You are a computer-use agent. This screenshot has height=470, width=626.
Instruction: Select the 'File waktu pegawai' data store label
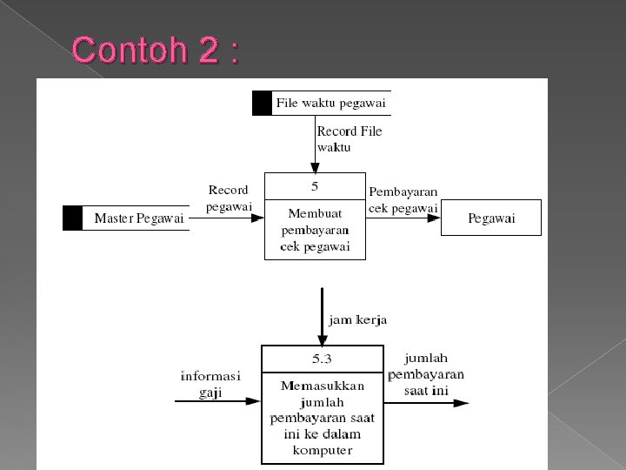(x=330, y=104)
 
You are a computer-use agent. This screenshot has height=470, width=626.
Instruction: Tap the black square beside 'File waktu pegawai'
(x=262, y=104)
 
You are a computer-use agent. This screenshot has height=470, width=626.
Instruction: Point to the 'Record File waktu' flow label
(x=349, y=139)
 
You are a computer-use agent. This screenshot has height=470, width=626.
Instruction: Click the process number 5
(x=315, y=185)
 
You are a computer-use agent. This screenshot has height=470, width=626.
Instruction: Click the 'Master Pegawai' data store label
(x=139, y=218)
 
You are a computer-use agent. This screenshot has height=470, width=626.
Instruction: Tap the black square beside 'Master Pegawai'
(x=72, y=218)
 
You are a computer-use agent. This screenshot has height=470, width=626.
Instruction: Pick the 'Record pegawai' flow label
(x=229, y=198)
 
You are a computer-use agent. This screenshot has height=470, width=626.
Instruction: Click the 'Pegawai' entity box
(x=491, y=218)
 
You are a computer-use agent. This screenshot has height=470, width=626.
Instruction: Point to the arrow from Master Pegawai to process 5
(x=226, y=218)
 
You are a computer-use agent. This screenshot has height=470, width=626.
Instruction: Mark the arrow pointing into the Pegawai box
(x=403, y=218)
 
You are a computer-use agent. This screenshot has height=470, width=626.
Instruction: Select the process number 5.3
(x=322, y=358)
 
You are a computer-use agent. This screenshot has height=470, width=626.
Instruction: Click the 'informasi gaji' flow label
(x=210, y=384)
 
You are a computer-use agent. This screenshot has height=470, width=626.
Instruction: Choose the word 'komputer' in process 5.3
(x=322, y=451)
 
